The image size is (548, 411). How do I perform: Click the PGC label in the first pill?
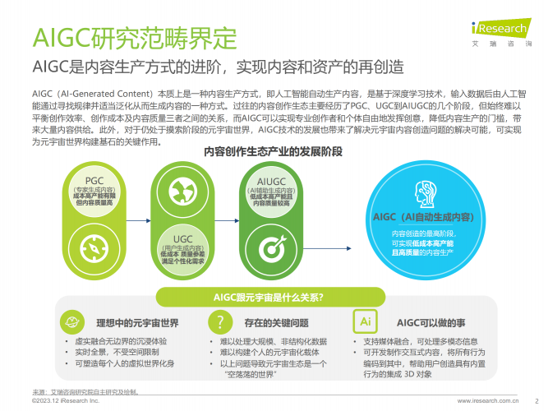coord(94,181)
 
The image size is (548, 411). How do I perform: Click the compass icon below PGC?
coord(94,246)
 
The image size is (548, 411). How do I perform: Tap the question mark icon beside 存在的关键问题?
coord(218,321)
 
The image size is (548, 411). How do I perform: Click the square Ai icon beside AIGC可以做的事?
coord(363,321)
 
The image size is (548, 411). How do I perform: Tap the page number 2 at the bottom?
coord(536,401)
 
